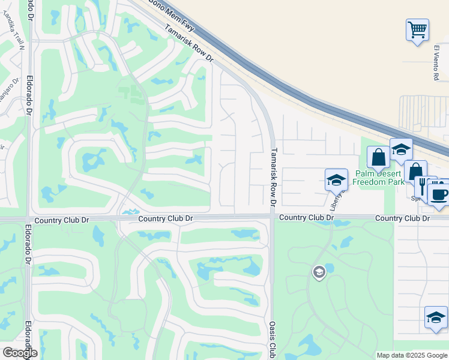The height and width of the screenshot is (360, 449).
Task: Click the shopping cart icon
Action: [x=417, y=29]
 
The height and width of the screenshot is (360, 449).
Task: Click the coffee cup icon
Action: [x=439, y=194]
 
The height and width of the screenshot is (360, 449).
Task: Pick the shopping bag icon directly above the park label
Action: [x=379, y=158]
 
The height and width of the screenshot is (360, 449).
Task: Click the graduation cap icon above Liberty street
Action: [x=336, y=180]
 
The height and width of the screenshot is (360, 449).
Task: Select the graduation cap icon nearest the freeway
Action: [x=401, y=150]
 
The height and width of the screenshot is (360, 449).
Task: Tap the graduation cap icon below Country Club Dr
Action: [x=436, y=318]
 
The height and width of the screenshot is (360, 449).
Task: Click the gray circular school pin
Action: [x=319, y=273]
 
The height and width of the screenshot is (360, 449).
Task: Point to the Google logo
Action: [x=20, y=352]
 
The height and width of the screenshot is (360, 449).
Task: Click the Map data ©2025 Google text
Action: [x=412, y=355]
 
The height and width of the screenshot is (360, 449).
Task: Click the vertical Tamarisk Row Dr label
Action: [x=273, y=178]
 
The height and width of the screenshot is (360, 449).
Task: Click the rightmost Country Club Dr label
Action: [x=403, y=218]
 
